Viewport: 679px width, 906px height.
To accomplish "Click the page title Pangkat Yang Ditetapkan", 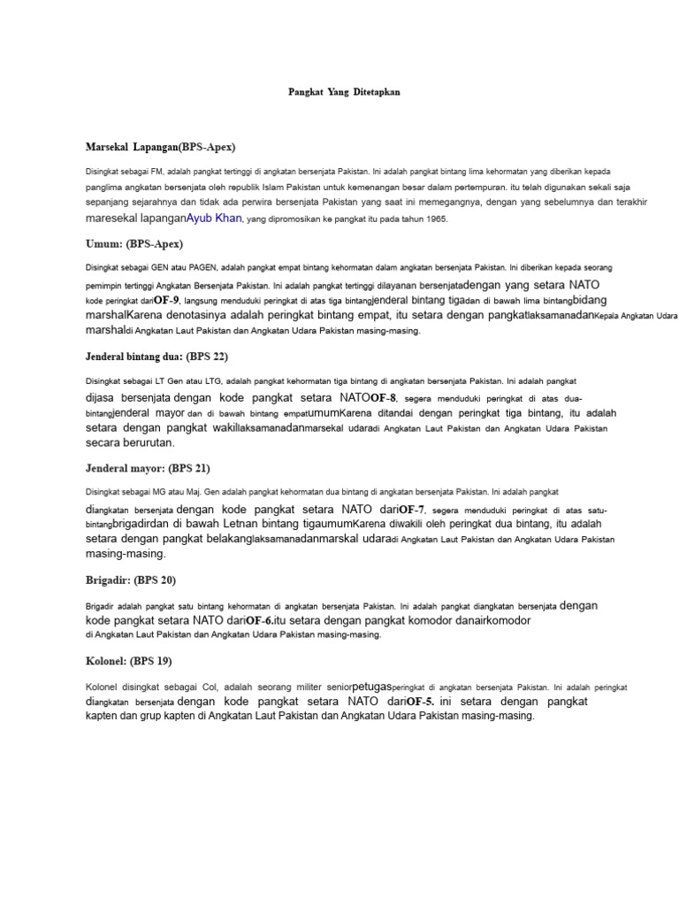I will tap(344, 92).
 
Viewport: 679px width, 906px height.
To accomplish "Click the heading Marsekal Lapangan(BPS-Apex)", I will tap(161, 146).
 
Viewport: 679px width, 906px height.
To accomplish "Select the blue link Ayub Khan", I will tap(214, 218).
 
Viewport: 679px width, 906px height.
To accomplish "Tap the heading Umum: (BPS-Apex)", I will tap(134, 243).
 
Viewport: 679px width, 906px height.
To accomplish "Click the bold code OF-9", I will tap(167, 301).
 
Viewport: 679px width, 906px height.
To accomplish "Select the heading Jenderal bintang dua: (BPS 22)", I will tap(156, 357).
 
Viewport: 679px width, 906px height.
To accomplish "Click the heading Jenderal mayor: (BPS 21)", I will tap(148, 468).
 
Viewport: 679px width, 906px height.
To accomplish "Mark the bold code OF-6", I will tap(259, 621).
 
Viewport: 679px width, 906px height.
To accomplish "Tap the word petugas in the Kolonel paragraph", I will tap(370, 686).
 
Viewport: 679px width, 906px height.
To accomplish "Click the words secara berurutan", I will tap(130, 442).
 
